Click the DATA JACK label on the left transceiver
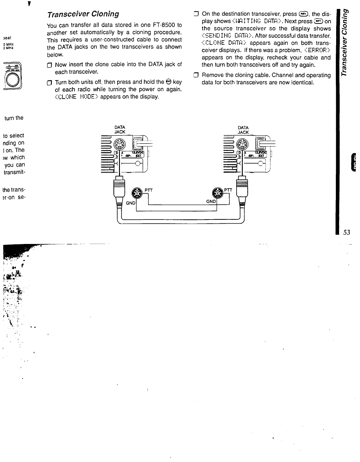[x=120, y=130]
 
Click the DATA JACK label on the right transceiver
[x=243, y=130]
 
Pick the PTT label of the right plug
[x=228, y=190]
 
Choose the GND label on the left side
[x=131, y=203]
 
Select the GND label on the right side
[x=211, y=202]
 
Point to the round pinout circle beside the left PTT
[x=136, y=193]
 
